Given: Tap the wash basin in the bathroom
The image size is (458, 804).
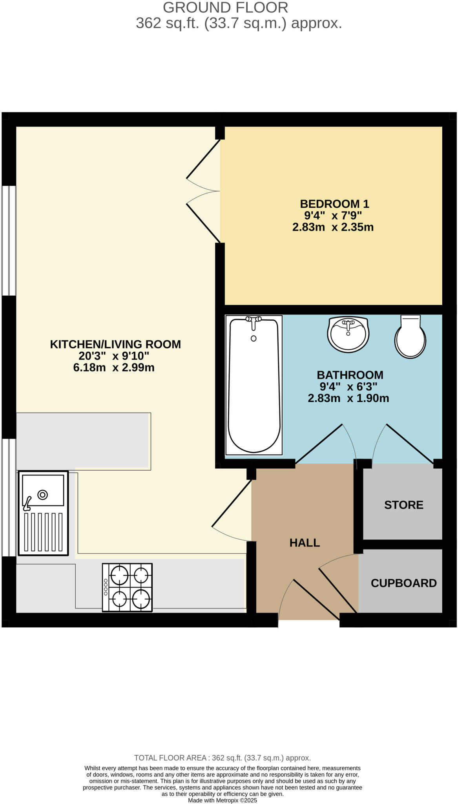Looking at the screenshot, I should pyautogui.click(x=348, y=334).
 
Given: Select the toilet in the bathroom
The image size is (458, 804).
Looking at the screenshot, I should pyautogui.click(x=410, y=338).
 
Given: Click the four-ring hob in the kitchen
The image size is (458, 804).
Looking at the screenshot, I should pyautogui.click(x=127, y=587).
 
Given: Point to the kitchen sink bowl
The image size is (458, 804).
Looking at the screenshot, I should pyautogui.click(x=43, y=490).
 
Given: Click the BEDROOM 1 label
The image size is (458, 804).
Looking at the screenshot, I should pyautogui.click(x=334, y=204).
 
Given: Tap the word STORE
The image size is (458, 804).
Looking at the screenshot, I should pyautogui.click(x=403, y=505).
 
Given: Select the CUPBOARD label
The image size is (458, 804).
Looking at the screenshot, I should pyautogui.click(x=403, y=583).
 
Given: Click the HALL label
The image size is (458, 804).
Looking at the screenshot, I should pyautogui.click(x=305, y=543).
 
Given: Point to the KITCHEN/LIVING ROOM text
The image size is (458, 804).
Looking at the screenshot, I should pyautogui.click(x=115, y=344).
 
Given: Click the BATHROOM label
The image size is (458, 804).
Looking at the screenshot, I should pyautogui.click(x=350, y=375).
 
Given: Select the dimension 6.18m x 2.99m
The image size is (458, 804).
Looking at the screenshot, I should pyautogui.click(x=114, y=368).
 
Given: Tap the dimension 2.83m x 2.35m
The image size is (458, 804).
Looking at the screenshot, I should pyautogui.click(x=333, y=227).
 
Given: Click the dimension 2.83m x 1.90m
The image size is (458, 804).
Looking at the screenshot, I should pyautogui.click(x=348, y=398).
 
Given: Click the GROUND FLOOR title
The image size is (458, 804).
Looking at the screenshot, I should pyautogui.click(x=225, y=7).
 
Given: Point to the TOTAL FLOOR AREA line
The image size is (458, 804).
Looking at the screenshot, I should pyautogui.click(x=222, y=758).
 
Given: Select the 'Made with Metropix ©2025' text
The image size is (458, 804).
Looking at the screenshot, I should pyautogui.click(x=222, y=800).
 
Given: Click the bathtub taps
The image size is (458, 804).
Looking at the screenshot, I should pyautogui.click(x=254, y=321).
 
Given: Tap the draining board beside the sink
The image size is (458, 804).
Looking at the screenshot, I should pyautogui.click(x=43, y=532).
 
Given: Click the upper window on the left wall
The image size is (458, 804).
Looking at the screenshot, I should pyautogui.click(x=9, y=240).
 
